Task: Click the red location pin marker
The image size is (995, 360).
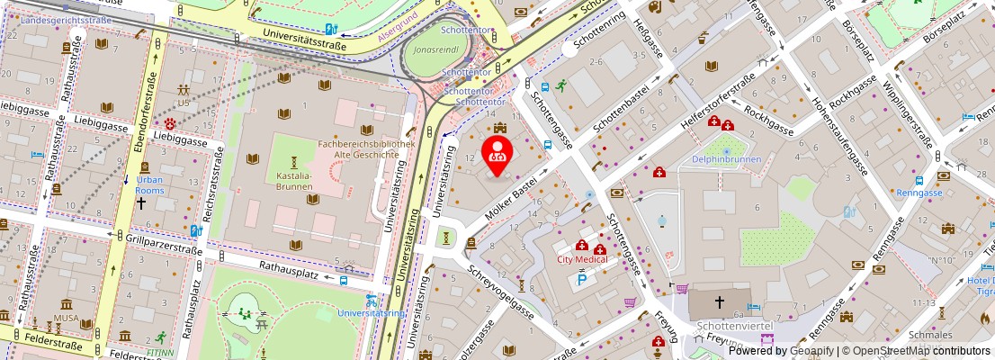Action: [x=497, y=155]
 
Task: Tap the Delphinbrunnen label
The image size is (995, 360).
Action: [x=726, y=159]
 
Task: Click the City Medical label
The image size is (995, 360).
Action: [x=582, y=259]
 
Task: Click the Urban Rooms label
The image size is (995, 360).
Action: [x=149, y=184]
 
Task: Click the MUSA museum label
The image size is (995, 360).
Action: [x=66, y=319]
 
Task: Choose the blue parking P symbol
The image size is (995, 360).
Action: [x=581, y=281]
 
